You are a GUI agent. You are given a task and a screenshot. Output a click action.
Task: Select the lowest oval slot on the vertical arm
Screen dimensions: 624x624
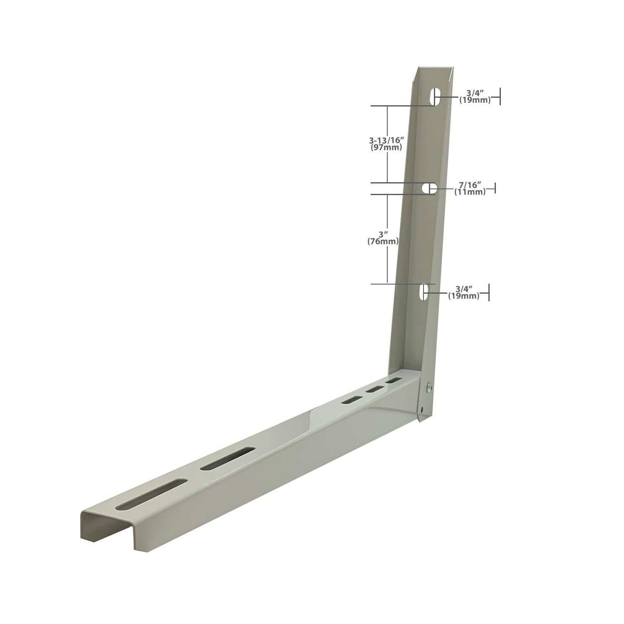423,292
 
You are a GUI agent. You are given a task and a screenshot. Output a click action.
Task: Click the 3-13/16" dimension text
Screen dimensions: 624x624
386,141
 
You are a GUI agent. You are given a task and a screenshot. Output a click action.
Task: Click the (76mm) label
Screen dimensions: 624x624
383,241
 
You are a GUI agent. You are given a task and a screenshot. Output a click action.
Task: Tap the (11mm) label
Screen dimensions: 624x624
470,192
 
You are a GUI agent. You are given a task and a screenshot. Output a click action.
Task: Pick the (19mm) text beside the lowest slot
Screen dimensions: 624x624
463,296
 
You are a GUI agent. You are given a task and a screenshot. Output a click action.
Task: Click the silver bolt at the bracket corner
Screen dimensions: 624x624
428,388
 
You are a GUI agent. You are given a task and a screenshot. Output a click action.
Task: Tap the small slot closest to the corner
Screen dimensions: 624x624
394,380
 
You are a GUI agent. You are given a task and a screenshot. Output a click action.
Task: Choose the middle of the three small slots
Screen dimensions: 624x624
374,389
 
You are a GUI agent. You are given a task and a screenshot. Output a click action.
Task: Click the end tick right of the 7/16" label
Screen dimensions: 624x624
495,188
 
